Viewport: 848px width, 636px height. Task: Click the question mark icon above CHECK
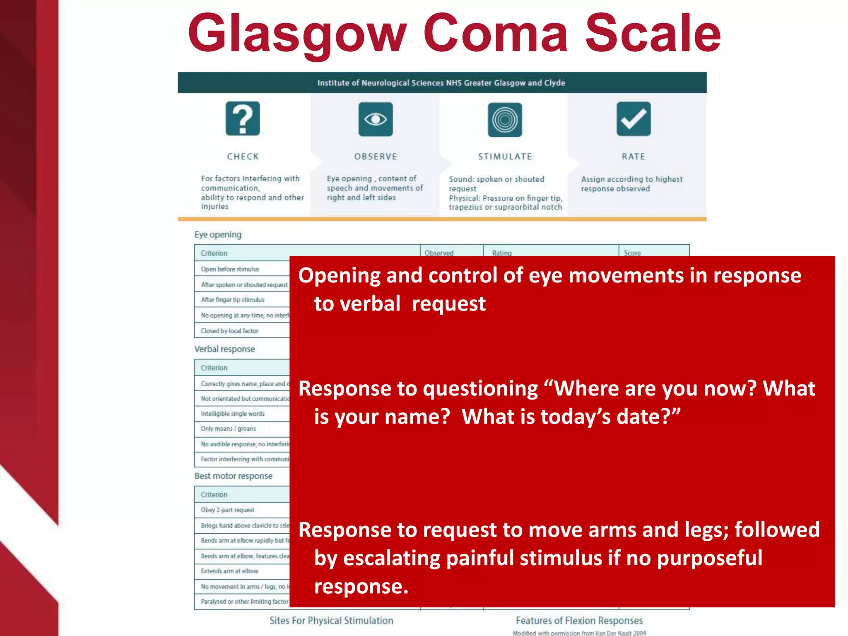243,119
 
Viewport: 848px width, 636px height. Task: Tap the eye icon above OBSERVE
376,119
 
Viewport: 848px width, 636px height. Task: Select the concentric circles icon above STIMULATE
505,120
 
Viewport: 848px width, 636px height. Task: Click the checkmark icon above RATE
634,119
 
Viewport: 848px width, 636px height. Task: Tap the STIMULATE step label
505,157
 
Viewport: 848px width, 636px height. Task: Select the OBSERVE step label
376,157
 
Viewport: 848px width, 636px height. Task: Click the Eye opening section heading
218,235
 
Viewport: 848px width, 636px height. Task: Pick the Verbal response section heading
224,349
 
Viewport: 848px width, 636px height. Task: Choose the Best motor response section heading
233,476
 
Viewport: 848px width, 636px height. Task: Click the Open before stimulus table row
230,269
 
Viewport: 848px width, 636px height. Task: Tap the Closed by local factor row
229,331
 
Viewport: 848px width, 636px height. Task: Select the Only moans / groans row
228,429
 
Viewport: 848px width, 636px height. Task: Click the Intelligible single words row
232,414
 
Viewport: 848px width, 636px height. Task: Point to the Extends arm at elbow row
229,571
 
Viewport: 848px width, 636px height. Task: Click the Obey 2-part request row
227,510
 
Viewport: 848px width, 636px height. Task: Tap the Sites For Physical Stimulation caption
331,621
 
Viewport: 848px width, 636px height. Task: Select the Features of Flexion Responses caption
579,621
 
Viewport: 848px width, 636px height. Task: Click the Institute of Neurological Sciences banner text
441,83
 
